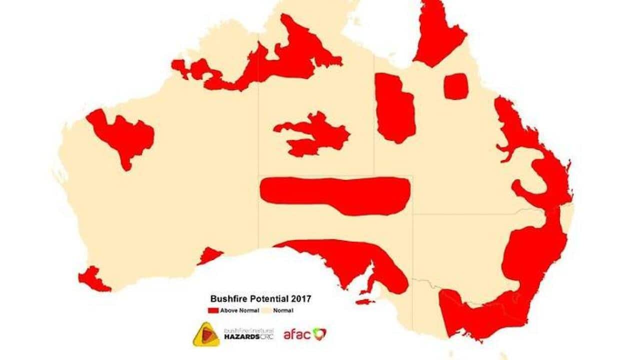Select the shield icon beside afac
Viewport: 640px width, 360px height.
tap(319, 333)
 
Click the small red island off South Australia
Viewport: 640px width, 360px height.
tap(365, 301)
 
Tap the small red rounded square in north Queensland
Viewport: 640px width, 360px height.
tap(456, 86)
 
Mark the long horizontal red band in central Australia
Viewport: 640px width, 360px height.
tap(335, 195)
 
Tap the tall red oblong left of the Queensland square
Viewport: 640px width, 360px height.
tap(394, 107)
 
